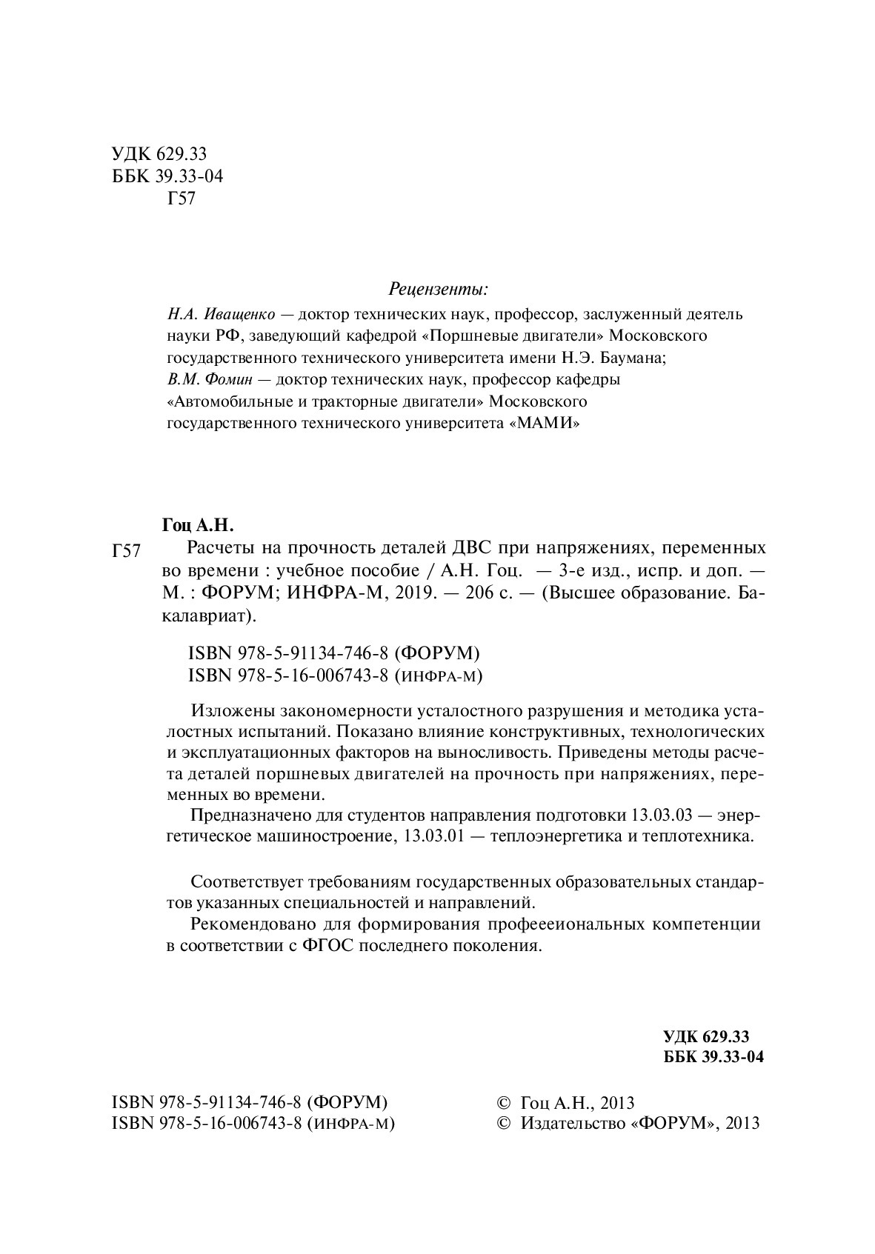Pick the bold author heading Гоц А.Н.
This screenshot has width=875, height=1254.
[198, 526]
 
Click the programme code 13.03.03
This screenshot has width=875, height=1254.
[661, 816]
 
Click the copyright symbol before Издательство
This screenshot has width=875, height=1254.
[504, 1123]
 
